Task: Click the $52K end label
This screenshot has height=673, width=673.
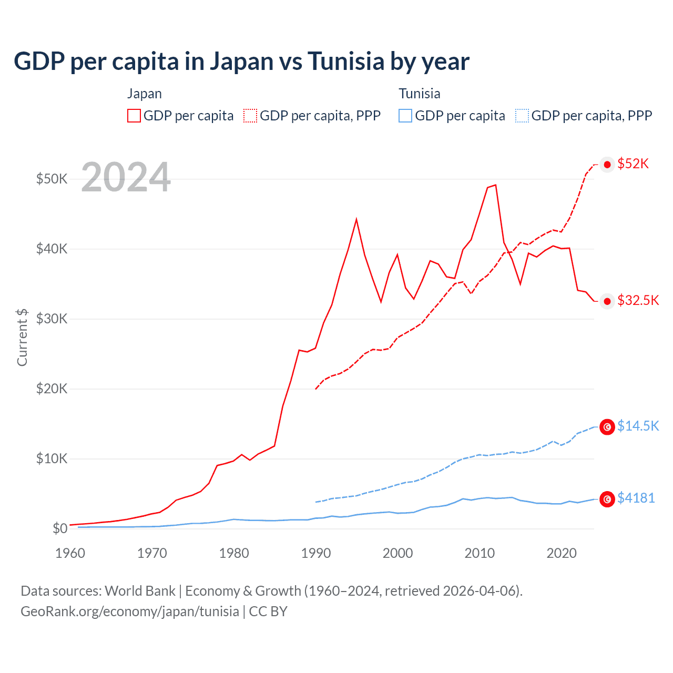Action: click(633, 164)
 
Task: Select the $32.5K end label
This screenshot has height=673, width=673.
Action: click(638, 300)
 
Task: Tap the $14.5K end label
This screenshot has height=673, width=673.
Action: click(638, 426)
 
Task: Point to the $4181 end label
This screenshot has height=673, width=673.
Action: click(636, 498)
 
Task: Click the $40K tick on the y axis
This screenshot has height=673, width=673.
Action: click(52, 249)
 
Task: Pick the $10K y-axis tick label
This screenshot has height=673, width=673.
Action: click(52, 458)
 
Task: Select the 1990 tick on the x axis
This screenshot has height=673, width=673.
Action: click(316, 553)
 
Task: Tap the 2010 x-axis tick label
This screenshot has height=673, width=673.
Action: click(480, 553)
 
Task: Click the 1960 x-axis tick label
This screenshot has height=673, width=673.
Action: click(70, 553)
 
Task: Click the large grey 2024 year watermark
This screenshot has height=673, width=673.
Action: click(126, 177)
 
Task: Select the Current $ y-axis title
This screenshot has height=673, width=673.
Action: click(22, 337)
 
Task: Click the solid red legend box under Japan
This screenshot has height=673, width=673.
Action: click(134, 116)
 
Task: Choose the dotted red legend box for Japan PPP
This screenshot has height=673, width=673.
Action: click(250, 116)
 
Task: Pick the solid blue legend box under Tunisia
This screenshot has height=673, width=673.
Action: click(405, 116)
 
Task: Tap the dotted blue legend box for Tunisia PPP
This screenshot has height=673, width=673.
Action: click(522, 116)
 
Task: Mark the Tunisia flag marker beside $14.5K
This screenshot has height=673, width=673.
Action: click(607, 427)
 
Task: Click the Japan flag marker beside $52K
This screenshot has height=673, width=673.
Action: click(607, 165)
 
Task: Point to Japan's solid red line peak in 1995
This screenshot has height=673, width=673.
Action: click(356, 219)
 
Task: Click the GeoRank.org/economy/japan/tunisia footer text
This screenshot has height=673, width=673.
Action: click(130, 611)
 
